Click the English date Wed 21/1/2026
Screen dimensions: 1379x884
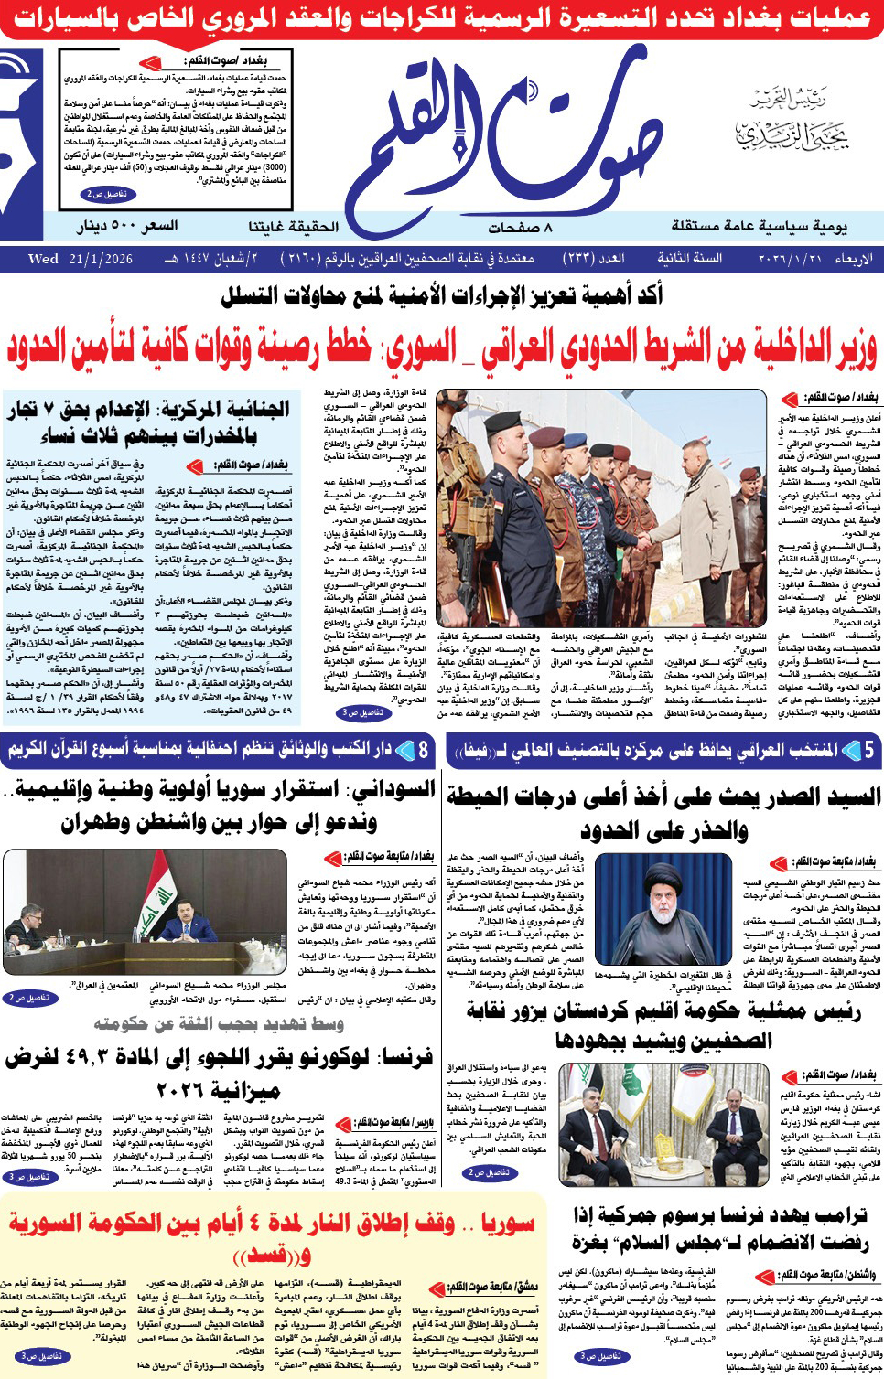tap(81, 259)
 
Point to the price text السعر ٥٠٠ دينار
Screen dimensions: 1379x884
tap(127, 226)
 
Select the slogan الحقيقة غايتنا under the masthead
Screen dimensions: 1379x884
tap(293, 226)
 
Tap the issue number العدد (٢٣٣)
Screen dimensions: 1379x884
tap(594, 259)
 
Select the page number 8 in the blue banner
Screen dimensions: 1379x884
tap(423, 751)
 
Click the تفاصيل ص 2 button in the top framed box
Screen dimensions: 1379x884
tap(107, 195)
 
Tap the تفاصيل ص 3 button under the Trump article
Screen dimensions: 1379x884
tap(600, 1356)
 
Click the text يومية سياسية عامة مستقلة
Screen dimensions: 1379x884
tap(760, 227)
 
